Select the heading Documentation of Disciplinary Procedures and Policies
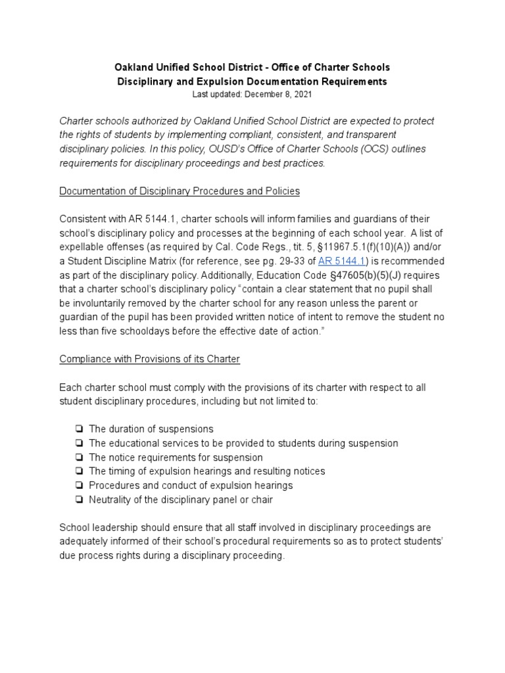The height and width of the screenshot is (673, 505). pyautogui.click(x=180, y=191)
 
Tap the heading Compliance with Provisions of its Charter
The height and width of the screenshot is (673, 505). pyautogui.click(x=150, y=359)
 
